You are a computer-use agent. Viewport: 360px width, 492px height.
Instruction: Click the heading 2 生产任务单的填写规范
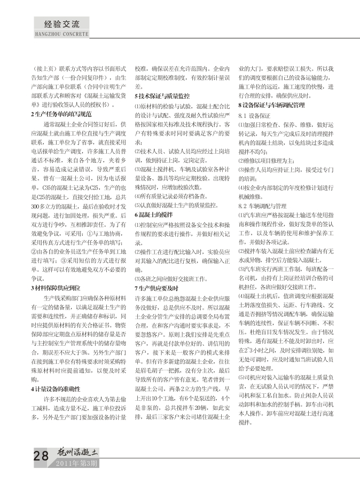tap(63, 114)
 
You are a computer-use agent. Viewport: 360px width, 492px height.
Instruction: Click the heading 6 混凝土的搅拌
tap(154, 214)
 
